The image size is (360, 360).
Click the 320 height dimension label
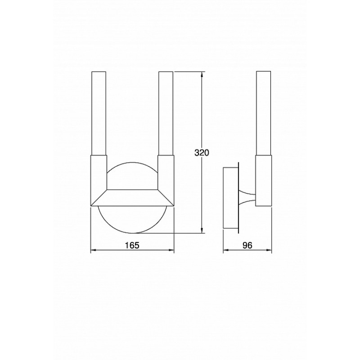coord(202,153)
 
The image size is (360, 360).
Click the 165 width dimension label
coord(132,245)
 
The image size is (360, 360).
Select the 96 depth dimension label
coord(247,245)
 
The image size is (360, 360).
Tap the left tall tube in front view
coord(99,113)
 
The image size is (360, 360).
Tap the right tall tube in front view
coord(166,113)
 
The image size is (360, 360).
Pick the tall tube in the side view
coord(264,113)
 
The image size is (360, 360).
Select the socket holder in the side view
coord(264,180)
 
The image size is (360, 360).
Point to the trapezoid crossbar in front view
coord(132,198)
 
